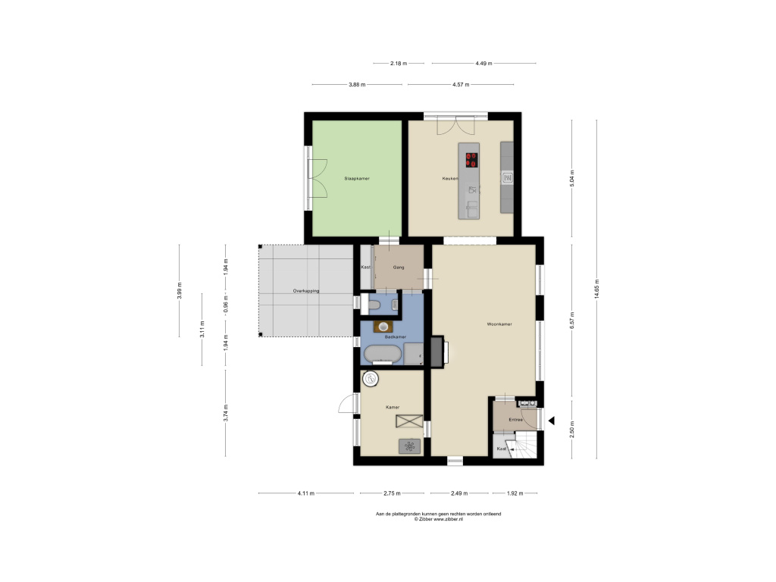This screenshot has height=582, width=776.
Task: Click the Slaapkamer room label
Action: point(357,179)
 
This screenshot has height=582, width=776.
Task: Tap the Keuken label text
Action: point(450,179)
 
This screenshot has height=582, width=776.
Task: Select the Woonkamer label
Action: point(499,324)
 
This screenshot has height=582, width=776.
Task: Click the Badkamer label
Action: point(396,337)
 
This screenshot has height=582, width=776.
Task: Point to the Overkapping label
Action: point(306,291)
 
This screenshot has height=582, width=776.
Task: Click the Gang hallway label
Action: point(399,268)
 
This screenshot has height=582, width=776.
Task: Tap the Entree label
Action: point(515,420)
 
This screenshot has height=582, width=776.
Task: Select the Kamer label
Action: point(393,407)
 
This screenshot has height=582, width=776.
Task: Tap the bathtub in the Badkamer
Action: point(383,355)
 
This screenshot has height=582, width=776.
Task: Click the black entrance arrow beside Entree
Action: point(551,421)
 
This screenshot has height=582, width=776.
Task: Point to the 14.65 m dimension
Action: point(597,289)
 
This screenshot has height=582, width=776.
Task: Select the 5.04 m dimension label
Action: point(573,178)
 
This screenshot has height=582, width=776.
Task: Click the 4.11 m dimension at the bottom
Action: point(306,493)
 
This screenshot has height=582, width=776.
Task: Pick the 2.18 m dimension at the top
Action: point(399,64)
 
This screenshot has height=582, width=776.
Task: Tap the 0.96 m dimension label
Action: point(226,302)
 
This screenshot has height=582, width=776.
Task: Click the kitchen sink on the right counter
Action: point(507,177)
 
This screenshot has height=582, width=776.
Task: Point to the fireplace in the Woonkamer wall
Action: point(438,352)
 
